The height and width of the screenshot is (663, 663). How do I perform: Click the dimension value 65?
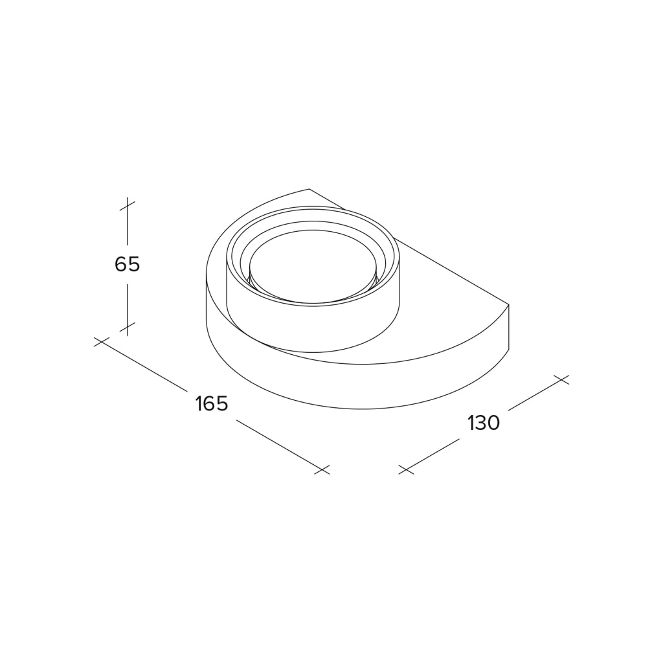127,265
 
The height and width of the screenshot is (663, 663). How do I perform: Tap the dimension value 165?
212,403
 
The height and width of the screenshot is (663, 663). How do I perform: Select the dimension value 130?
484,422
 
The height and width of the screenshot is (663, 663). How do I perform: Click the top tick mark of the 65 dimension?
127,206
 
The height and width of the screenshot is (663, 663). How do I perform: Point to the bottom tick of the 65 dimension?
127,327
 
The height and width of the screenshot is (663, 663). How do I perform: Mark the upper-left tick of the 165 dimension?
102,342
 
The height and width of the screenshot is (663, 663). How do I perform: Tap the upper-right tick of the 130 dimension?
561,379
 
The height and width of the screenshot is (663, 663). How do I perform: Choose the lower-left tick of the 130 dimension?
406,469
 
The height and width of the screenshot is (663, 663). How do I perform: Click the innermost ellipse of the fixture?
313,230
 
